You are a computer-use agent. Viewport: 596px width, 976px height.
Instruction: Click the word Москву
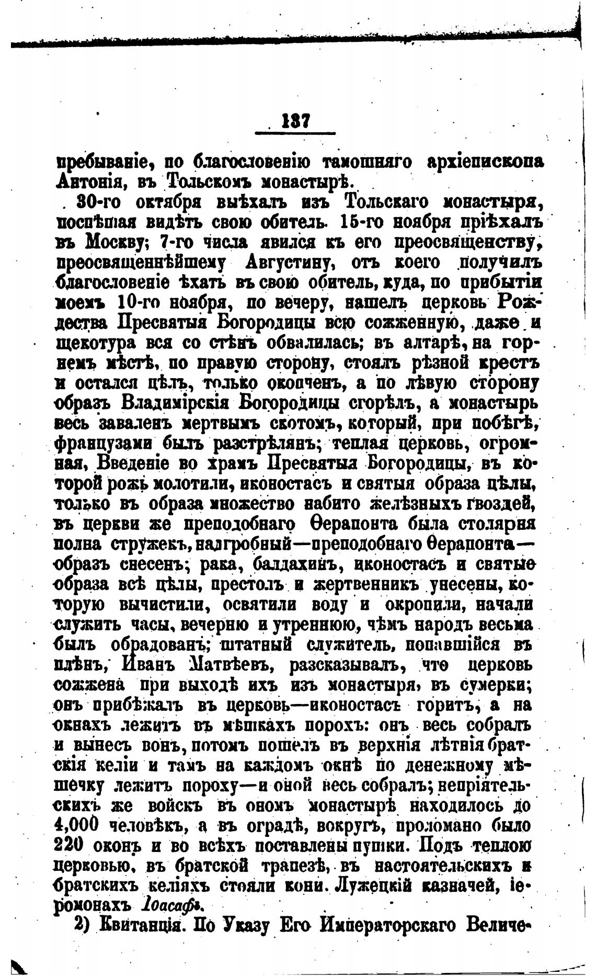(x=111, y=243)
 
